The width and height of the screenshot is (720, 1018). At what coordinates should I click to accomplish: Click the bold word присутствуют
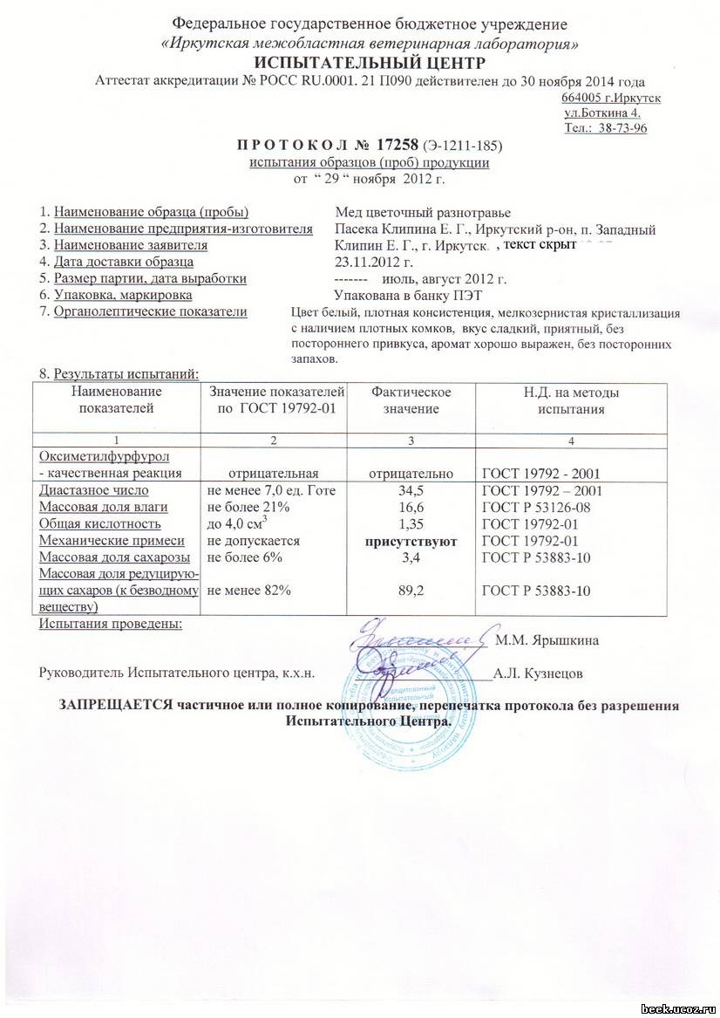coord(412,542)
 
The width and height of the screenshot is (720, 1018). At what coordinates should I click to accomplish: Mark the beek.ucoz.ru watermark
coord(678,1008)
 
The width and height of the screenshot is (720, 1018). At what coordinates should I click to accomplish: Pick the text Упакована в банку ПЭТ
coord(398,295)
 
